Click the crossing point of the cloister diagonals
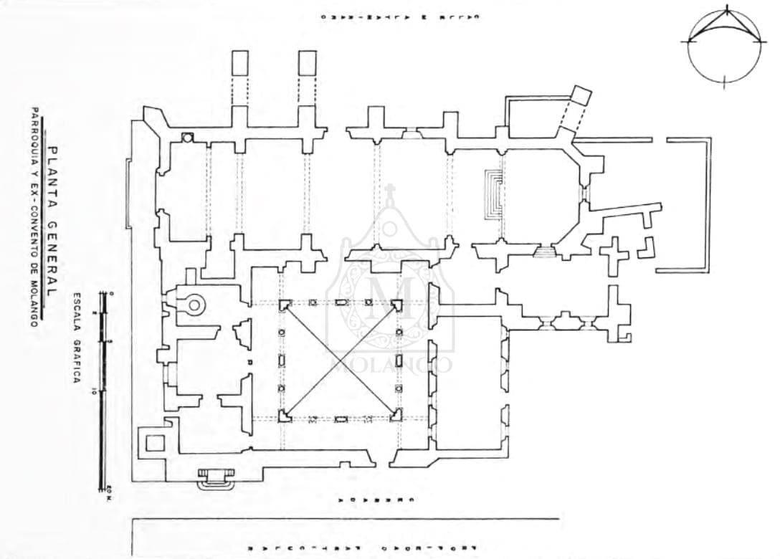[x=341, y=359]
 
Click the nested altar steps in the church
[x=493, y=194]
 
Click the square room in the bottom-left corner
[x=155, y=443]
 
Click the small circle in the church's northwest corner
[x=187, y=137]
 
